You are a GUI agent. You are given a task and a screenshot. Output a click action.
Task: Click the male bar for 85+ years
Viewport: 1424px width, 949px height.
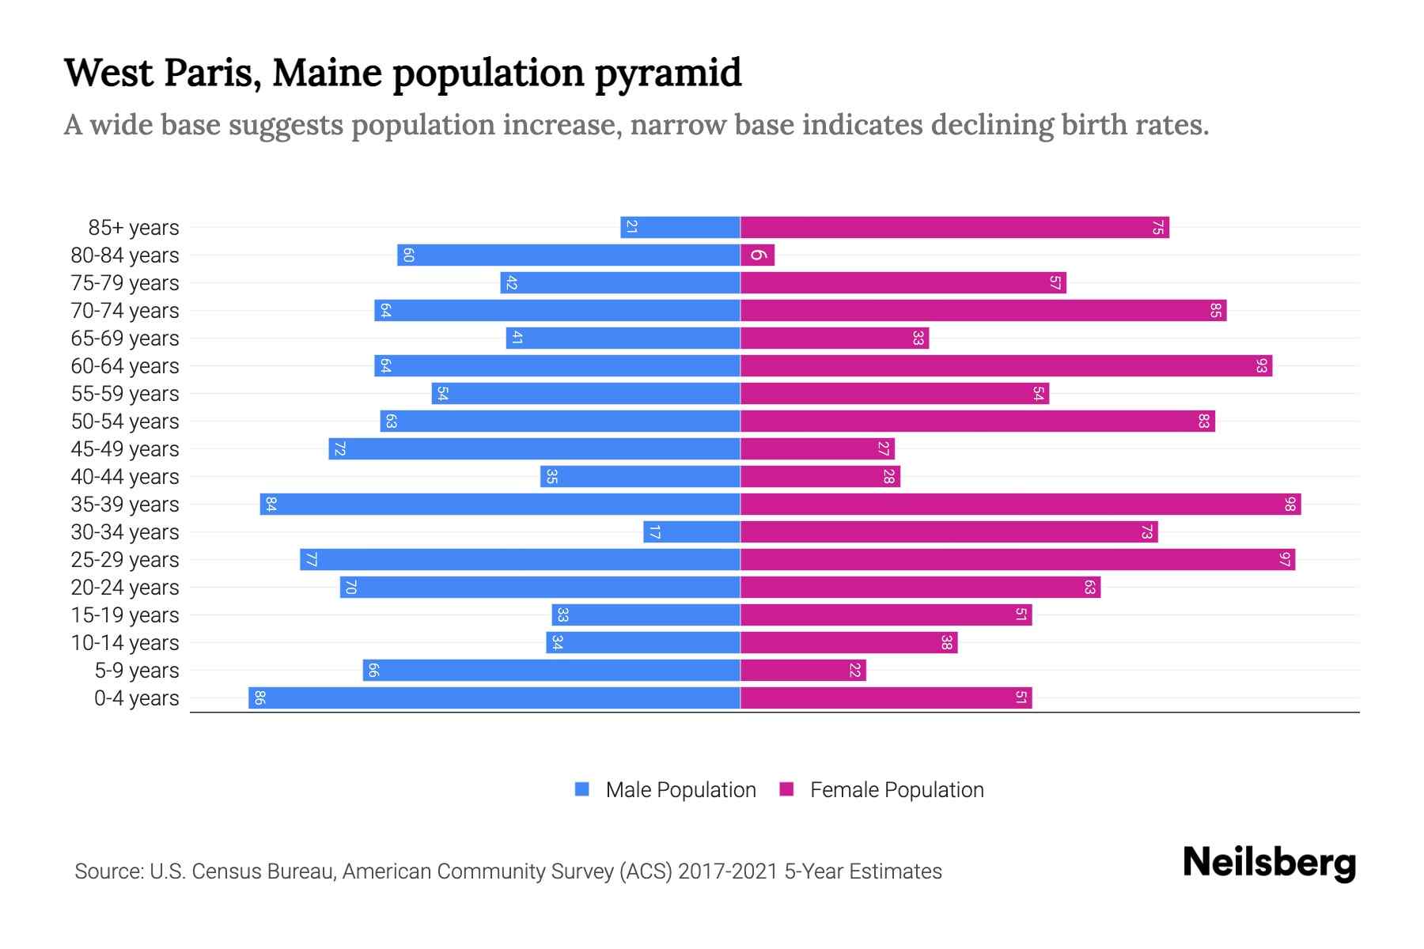(x=680, y=228)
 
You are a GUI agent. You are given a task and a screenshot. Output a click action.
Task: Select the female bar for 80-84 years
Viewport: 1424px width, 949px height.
(x=758, y=255)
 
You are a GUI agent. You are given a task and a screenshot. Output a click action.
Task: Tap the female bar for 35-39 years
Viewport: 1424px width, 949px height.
(x=1021, y=505)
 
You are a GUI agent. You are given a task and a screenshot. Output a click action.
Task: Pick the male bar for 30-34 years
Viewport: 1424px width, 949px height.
(x=692, y=532)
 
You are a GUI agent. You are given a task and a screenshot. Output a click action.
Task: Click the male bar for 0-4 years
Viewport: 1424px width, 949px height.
(x=494, y=698)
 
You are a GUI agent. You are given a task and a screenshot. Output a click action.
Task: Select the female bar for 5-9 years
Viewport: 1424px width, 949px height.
(x=803, y=671)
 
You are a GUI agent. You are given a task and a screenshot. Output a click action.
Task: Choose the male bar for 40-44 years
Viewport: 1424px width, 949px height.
(x=641, y=477)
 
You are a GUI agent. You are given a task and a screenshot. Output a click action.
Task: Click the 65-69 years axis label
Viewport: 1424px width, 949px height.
(x=125, y=338)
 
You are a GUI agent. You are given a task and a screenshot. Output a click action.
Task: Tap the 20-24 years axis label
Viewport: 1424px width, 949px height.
(x=125, y=588)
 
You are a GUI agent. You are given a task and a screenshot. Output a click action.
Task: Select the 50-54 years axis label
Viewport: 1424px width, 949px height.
(x=125, y=422)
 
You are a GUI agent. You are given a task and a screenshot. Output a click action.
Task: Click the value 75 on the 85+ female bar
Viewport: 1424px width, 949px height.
(x=1157, y=228)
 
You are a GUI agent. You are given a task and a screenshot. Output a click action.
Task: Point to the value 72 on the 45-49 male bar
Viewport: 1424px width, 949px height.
(x=339, y=449)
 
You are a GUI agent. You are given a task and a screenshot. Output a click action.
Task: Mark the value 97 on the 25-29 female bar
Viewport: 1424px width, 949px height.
(x=1284, y=560)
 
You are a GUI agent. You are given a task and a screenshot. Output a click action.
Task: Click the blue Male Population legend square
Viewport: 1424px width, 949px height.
(x=582, y=789)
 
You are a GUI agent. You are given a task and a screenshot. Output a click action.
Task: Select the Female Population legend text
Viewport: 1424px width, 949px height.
(x=896, y=790)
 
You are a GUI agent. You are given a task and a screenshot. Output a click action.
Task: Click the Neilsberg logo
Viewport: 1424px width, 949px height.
(x=1269, y=863)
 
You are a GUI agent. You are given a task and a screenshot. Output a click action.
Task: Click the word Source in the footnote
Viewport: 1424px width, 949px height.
(x=108, y=871)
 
